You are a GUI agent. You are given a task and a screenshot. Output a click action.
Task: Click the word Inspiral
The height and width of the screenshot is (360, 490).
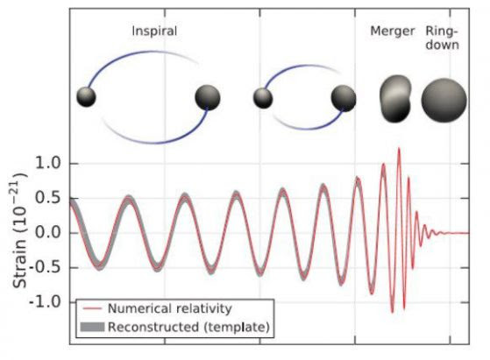pos(154,32)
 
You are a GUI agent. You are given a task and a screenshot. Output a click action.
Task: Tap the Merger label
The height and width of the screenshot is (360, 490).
pos(392,32)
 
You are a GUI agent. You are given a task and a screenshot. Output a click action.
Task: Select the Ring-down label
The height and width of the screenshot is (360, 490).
pos(442,38)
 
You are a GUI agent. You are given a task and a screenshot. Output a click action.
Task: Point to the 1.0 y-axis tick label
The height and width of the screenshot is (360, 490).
pos(47,163)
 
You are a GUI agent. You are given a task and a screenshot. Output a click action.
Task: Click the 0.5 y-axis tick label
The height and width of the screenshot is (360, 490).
pos(47,198)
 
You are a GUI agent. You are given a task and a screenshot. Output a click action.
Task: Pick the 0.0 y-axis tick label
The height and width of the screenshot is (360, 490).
pos(47,233)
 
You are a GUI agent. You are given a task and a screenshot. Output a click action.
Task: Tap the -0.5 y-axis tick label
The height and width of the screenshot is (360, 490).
pos(45,267)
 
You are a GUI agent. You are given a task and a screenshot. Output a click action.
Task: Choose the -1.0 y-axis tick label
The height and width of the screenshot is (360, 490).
pos(45,302)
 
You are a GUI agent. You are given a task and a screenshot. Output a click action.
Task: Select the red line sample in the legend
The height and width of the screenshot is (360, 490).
pos(93,309)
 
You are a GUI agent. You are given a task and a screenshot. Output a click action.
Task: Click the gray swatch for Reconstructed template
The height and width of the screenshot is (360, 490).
pos(93,327)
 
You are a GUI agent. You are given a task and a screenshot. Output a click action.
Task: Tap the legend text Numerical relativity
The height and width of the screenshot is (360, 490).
pos(170,308)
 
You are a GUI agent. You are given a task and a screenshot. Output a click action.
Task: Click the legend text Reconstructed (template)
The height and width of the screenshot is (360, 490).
pos(188,328)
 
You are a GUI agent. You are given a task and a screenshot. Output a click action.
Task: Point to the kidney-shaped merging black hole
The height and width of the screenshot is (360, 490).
pos(395,99)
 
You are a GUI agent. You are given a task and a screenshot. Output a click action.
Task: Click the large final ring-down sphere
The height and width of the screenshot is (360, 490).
pos(444,100)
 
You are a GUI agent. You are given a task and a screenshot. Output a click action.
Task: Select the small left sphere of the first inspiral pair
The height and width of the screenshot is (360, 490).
pos(86,97)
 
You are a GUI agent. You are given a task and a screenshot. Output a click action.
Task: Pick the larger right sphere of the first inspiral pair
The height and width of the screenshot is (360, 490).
pos(208,98)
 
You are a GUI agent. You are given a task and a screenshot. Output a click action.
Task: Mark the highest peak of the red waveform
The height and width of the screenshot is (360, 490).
pos(399,148)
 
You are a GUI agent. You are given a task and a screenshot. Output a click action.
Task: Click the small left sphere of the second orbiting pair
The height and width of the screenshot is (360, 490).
pos(263,98)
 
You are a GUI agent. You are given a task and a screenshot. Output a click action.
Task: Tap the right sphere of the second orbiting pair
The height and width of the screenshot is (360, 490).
pos(344,98)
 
